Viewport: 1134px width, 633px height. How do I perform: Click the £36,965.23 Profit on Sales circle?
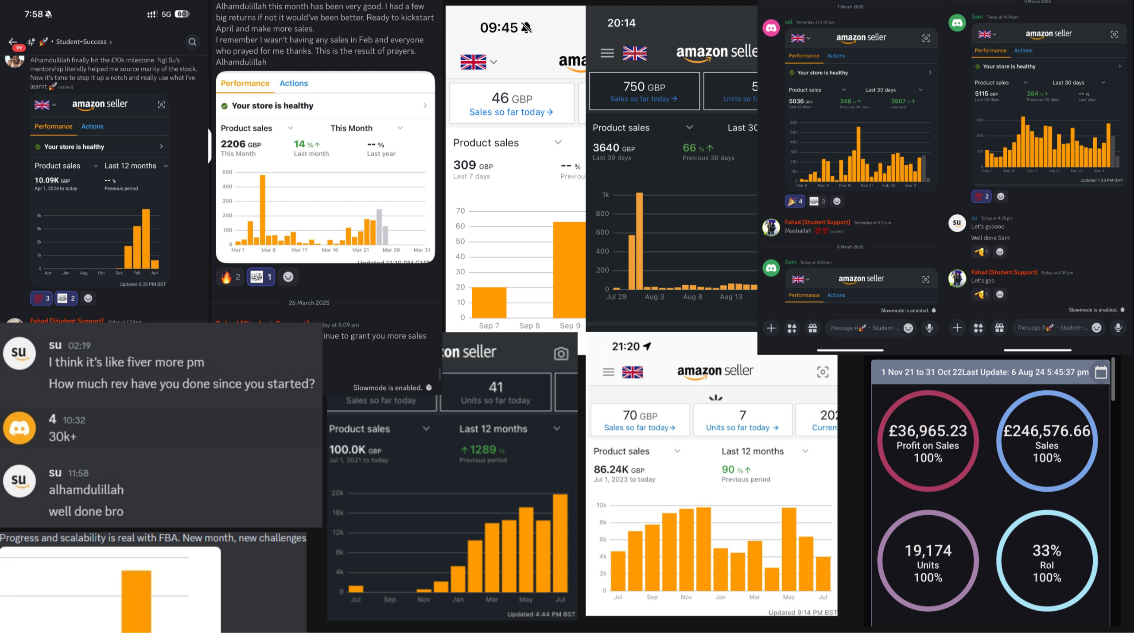(x=928, y=441)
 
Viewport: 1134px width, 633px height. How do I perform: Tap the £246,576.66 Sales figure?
(x=1047, y=431)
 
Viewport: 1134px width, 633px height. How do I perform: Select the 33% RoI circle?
(x=1047, y=561)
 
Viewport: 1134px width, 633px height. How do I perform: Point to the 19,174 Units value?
(x=928, y=551)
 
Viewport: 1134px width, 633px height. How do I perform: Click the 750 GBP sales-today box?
(x=644, y=91)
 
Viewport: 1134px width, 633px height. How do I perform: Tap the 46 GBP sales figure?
(x=512, y=98)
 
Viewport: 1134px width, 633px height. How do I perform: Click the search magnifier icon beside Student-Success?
(x=192, y=42)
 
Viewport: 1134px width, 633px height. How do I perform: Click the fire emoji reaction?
(x=226, y=277)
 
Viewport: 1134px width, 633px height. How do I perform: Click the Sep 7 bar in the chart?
(x=489, y=302)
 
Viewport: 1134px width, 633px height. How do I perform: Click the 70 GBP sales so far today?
(x=640, y=416)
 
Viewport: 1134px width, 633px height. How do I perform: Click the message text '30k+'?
(x=62, y=437)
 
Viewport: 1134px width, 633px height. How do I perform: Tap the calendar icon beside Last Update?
(x=1101, y=372)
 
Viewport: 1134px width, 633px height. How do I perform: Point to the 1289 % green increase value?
(x=483, y=450)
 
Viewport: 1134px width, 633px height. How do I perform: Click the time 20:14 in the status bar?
(x=621, y=23)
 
